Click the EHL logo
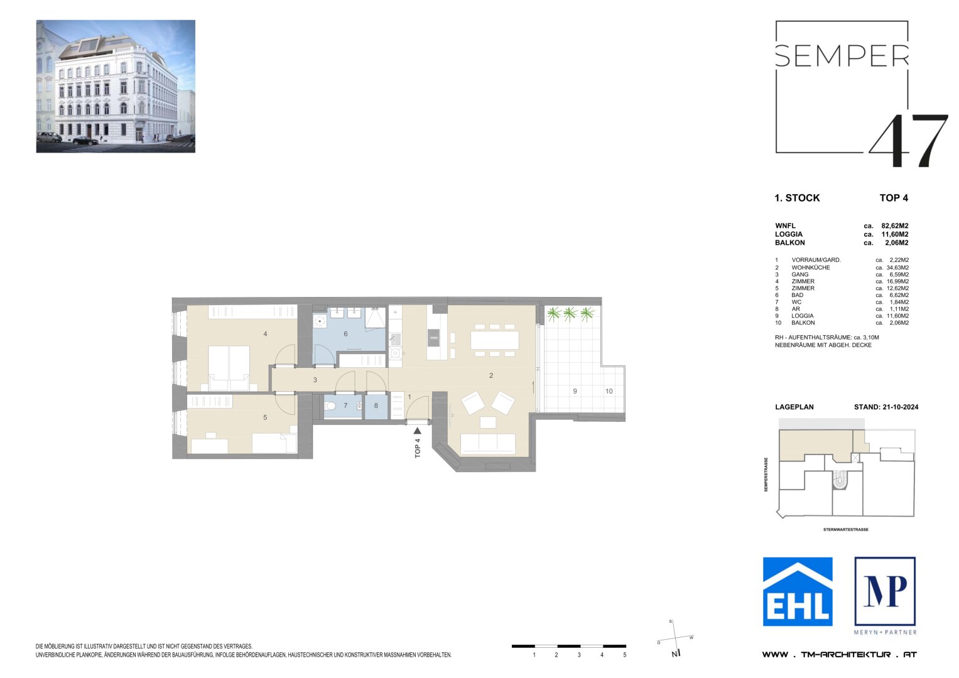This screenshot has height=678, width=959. coord(798,591)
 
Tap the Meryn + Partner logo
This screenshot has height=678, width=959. coord(885,591)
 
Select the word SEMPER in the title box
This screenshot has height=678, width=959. coord(842,56)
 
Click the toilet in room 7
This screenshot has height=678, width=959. coord(331,406)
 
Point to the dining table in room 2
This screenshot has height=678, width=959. coord(495,340)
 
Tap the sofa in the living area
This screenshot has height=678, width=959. coord(488,443)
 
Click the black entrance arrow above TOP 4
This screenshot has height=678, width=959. coord(417,431)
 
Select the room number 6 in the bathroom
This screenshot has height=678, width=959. coord(345,334)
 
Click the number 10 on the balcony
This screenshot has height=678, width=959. coord(609,391)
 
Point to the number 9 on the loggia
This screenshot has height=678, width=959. coord(575,391)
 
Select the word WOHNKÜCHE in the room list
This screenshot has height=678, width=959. coord(810,267)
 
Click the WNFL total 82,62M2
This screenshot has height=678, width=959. coord(895,226)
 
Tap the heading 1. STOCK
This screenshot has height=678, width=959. coord(797,198)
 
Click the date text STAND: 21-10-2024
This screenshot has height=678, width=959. coord(886,407)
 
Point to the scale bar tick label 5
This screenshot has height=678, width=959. coord(624,655)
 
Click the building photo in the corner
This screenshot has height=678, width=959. coord(116,86)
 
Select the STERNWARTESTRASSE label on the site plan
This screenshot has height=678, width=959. coord(845,530)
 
